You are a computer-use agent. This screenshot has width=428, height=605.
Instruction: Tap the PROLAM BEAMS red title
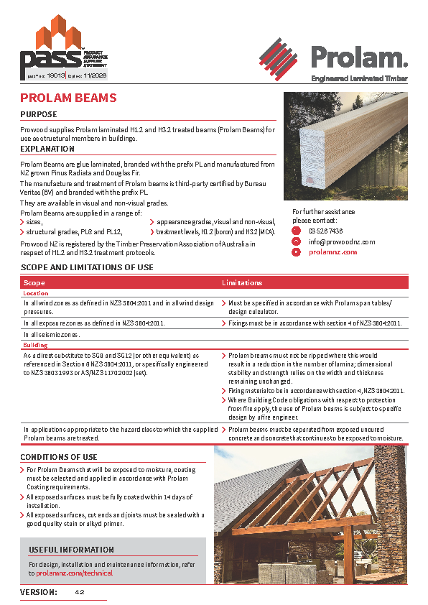(x=68, y=98)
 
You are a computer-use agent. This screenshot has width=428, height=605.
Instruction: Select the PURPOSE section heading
(x=39, y=114)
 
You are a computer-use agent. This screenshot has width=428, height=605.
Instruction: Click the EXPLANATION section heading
(x=47, y=149)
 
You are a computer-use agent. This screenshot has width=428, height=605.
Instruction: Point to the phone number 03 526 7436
(x=325, y=231)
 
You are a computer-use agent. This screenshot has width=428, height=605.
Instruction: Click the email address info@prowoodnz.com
(x=342, y=241)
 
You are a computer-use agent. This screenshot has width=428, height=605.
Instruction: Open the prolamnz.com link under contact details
(x=332, y=252)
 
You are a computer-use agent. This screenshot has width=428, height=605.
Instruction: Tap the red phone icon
(x=296, y=231)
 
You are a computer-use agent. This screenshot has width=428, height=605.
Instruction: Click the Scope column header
(x=34, y=283)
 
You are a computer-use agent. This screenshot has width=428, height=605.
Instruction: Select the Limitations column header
(x=241, y=283)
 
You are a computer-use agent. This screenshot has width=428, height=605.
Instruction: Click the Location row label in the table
(x=36, y=293)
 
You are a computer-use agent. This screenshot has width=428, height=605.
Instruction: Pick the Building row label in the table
(x=36, y=345)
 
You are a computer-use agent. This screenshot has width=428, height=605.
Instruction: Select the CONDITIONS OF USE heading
(x=58, y=457)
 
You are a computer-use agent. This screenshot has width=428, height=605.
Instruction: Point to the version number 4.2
(x=80, y=592)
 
